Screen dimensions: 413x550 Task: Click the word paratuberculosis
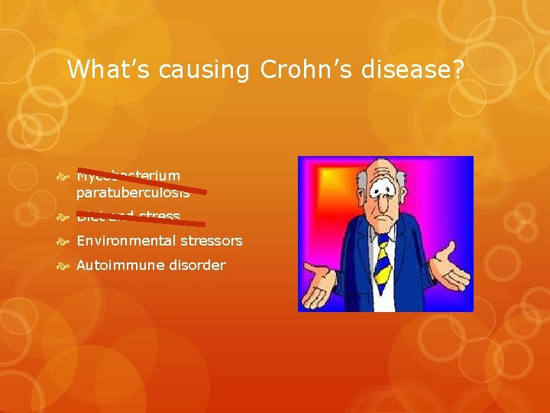tap(132, 193)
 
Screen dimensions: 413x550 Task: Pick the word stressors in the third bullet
tap(211, 241)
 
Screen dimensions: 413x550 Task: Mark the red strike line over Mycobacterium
tap(142, 179)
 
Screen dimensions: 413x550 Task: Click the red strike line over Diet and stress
tap(142, 219)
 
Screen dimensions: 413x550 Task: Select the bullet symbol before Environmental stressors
tap(65, 242)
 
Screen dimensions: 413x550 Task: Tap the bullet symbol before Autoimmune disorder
tap(65, 266)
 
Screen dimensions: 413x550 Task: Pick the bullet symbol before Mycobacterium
tap(65, 177)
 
